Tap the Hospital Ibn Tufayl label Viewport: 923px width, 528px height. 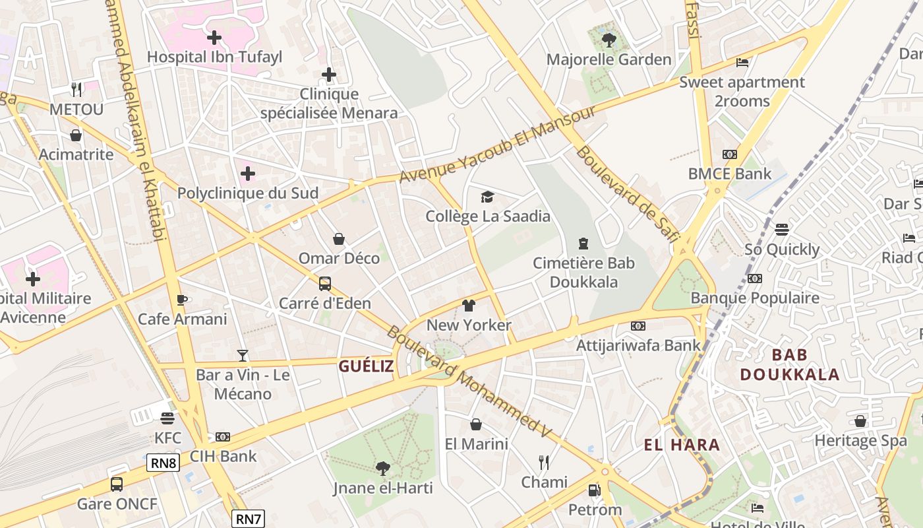pyautogui.click(x=214, y=57)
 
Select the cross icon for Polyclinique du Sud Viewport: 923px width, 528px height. pyautogui.click(x=248, y=174)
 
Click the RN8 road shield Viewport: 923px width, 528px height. pyautogui.click(x=164, y=463)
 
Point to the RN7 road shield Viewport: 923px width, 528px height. pyautogui.click(x=249, y=519)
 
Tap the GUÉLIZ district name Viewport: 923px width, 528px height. pyautogui.click(x=366, y=366)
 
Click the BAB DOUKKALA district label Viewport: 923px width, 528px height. pyautogui.click(x=789, y=364)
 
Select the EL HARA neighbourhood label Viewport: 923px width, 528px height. pyautogui.click(x=682, y=445)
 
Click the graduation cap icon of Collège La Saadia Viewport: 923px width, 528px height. pyautogui.click(x=487, y=197)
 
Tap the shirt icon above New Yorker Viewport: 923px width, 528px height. pyautogui.click(x=469, y=306)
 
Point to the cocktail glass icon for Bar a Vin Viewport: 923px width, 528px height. pyautogui.click(x=243, y=356)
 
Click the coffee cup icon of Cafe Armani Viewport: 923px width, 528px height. pyautogui.click(x=182, y=300)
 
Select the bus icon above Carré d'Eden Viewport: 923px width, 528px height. pyautogui.click(x=325, y=284)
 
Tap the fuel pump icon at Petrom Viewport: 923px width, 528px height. pyautogui.click(x=594, y=490)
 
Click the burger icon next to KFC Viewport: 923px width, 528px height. pyautogui.click(x=167, y=418)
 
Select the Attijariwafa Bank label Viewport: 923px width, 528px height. pyautogui.click(x=638, y=345)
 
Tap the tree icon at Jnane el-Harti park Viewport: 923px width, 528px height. pyautogui.click(x=382, y=469)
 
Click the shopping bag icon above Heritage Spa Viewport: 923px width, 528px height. pyautogui.click(x=860, y=421)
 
